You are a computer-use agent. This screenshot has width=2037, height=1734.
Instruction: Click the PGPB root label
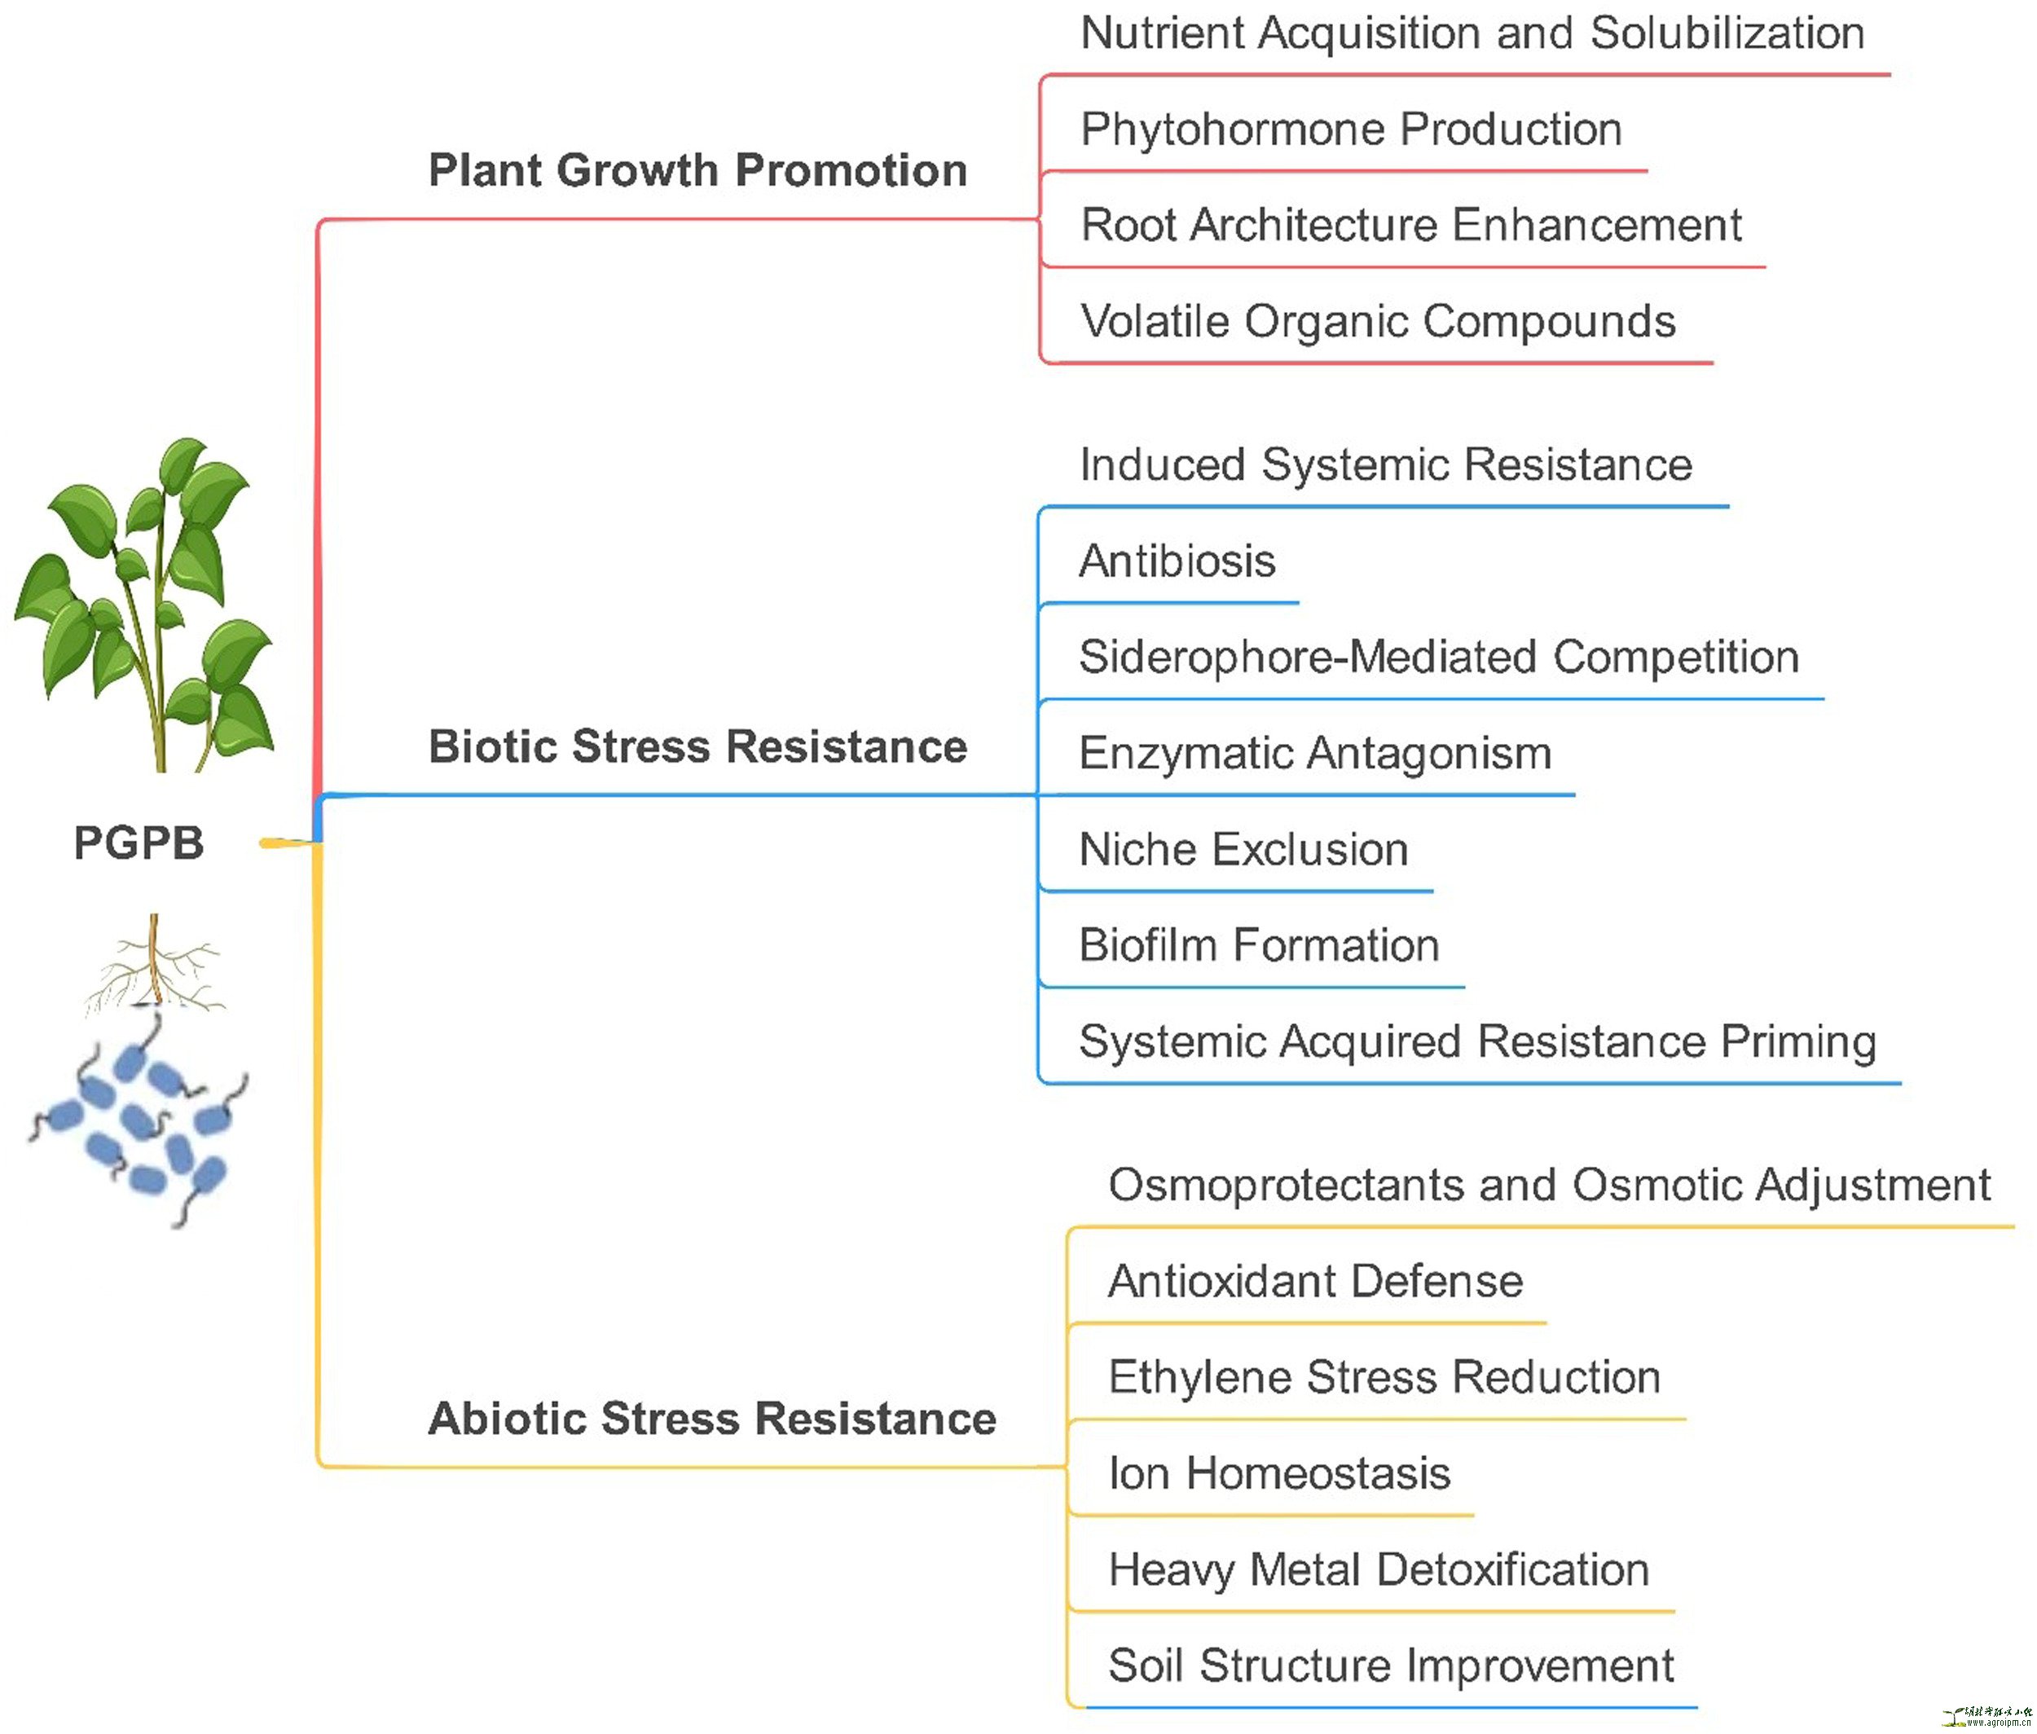139,843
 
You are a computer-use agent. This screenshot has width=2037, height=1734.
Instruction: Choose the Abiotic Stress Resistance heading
712,1419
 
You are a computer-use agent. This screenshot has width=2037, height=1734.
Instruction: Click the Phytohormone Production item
1351,130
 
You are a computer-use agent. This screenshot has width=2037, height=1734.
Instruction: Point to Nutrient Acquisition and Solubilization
1472,33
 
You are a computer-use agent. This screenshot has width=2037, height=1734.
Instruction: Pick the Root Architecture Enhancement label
1410,225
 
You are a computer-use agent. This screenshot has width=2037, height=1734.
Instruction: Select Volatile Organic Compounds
1377,321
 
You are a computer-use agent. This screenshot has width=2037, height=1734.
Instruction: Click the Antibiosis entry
1177,561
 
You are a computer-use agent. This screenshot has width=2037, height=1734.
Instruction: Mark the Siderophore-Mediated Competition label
1438,657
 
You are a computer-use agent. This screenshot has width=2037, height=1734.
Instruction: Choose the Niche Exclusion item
1243,849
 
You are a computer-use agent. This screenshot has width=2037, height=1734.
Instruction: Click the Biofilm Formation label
1258,944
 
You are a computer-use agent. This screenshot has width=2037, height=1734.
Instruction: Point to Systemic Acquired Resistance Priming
1476,1041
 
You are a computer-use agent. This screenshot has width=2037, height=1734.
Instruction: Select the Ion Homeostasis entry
1279,1473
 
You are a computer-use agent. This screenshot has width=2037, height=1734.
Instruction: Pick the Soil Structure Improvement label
1390,1666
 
